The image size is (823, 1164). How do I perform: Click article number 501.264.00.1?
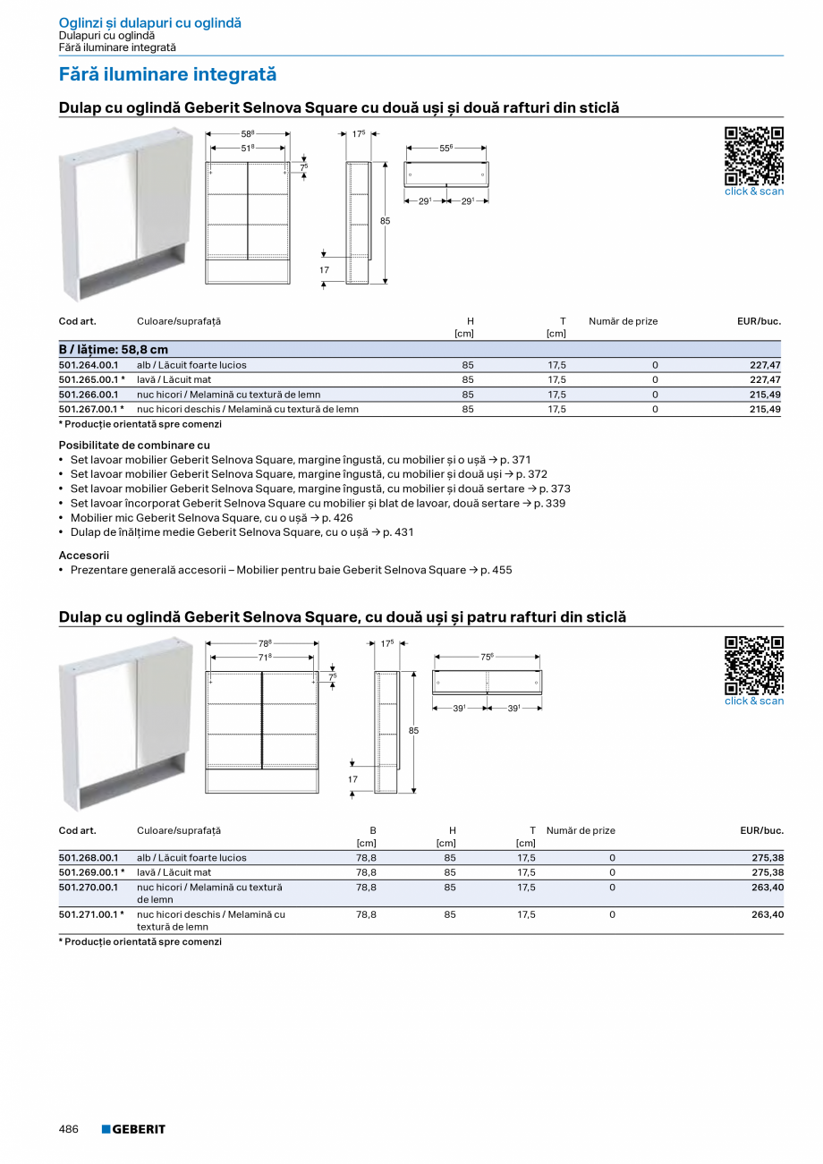(89, 365)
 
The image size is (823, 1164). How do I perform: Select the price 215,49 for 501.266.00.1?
(765, 395)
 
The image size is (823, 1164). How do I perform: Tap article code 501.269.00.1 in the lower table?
(89, 872)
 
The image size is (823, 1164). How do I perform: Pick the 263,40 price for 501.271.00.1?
(768, 914)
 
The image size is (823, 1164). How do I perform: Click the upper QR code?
(753, 156)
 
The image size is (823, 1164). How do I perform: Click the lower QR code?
(753, 665)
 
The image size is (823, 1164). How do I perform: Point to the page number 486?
(69, 1129)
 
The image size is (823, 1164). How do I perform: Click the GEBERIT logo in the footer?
(133, 1129)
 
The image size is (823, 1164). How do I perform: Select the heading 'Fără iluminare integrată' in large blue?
(167, 75)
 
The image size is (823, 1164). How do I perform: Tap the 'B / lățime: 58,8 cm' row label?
(114, 350)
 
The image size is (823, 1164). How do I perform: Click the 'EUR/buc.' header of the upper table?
(759, 321)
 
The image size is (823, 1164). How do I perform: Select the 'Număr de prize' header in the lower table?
(581, 831)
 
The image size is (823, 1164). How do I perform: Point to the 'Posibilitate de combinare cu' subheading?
(134, 445)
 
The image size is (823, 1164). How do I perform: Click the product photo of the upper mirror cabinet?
(124, 215)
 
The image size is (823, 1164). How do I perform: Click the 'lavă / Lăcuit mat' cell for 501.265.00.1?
(174, 380)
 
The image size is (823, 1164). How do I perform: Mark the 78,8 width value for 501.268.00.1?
(366, 858)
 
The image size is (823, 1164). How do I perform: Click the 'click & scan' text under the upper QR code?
(753, 191)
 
